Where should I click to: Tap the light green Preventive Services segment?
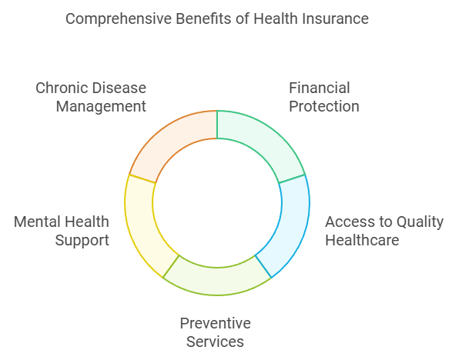point(217,280)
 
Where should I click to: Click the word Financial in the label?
point(320,88)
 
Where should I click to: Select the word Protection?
point(324,106)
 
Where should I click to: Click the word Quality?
point(420,222)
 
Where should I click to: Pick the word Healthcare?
point(362,240)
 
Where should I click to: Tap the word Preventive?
point(216,323)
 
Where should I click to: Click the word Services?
point(215,342)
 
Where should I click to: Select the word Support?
point(82,241)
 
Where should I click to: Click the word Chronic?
point(59,88)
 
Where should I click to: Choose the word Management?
point(101,107)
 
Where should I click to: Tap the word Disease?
point(117,88)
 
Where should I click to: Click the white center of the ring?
point(217,203)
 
